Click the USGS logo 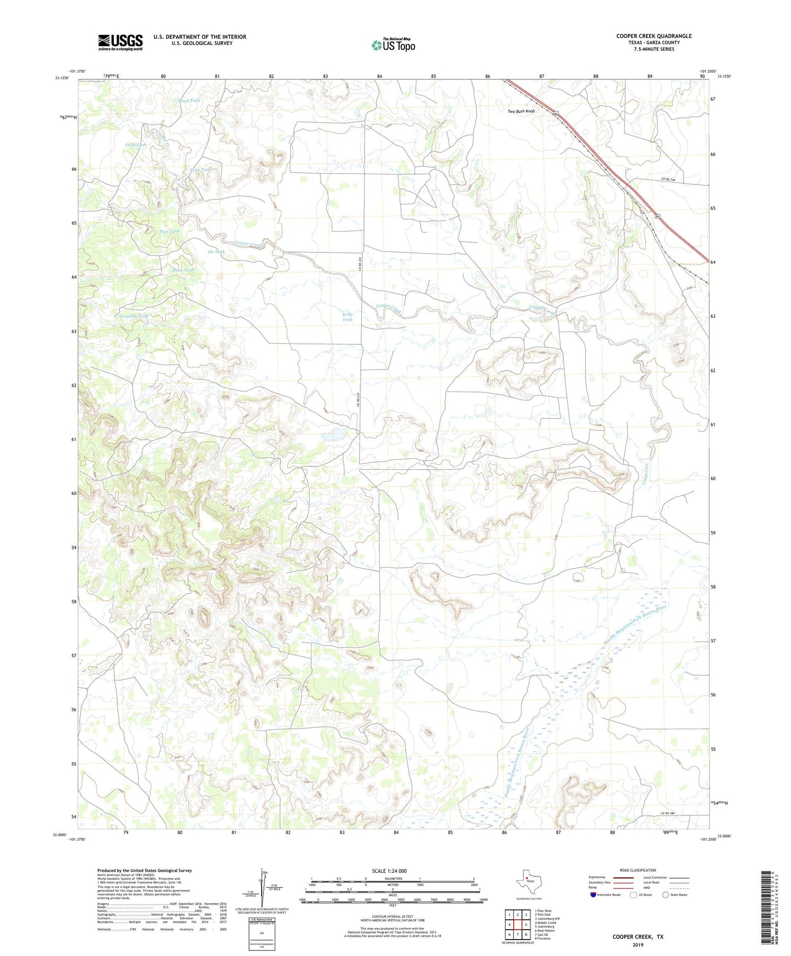120,42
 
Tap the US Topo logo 393,45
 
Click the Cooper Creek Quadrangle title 654,36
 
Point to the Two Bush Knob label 521,111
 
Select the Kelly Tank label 348,317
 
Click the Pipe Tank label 169,232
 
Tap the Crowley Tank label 134,316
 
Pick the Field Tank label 135,145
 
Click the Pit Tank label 216,252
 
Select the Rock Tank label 183,270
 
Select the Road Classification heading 638,870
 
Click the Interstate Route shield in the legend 594,895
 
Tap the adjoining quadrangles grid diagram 517,924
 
